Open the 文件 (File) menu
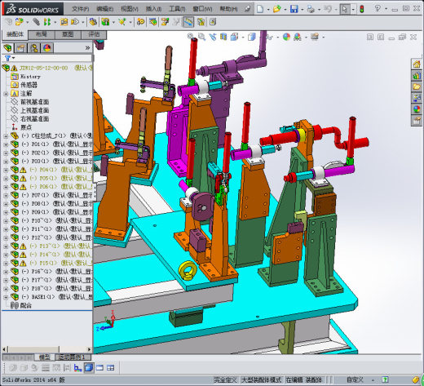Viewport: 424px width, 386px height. click(80, 9)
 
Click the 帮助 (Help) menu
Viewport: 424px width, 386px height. click(221, 9)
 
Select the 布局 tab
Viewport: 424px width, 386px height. click(42, 35)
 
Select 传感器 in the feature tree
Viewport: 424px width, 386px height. click(29, 84)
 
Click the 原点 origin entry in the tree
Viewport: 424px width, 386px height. click(26, 127)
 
